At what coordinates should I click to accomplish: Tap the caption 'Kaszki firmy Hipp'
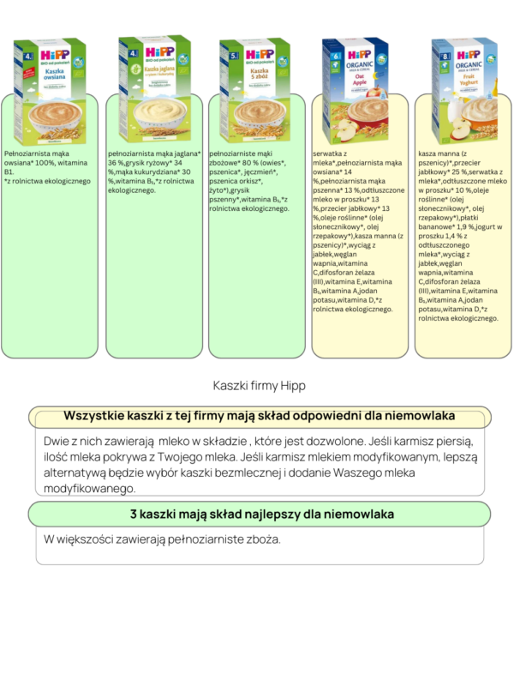(x=259, y=386)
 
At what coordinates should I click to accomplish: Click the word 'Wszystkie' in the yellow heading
(x=94, y=415)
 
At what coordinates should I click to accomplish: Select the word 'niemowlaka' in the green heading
(x=350, y=514)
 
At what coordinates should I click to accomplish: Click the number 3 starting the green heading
(x=135, y=514)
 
